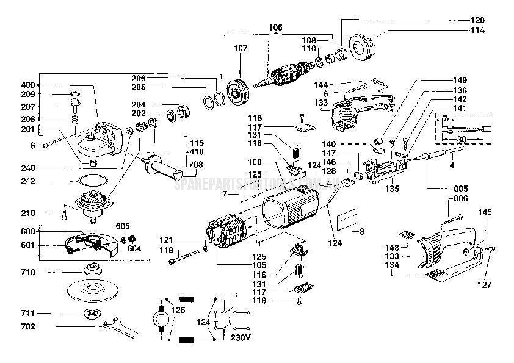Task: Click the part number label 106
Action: [x=276, y=27]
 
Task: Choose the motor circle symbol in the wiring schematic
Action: [x=161, y=317]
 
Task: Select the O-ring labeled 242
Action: [x=91, y=181]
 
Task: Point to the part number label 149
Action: [x=460, y=80]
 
